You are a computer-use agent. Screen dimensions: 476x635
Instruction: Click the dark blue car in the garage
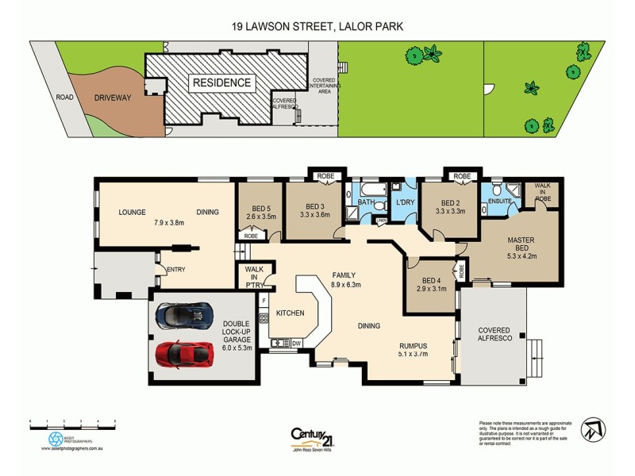pyautogui.click(x=185, y=316)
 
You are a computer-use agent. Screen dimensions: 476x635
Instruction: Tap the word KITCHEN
pyautogui.click(x=290, y=313)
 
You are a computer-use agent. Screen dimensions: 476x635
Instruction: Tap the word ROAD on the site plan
pyautogui.click(x=64, y=98)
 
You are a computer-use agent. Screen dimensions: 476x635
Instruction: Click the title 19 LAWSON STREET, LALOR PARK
pyautogui.click(x=317, y=26)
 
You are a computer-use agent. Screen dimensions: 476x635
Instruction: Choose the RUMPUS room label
pyautogui.click(x=414, y=345)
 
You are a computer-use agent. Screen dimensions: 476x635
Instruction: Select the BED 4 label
pyautogui.click(x=431, y=281)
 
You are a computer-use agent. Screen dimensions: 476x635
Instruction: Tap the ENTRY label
pyautogui.click(x=175, y=269)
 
